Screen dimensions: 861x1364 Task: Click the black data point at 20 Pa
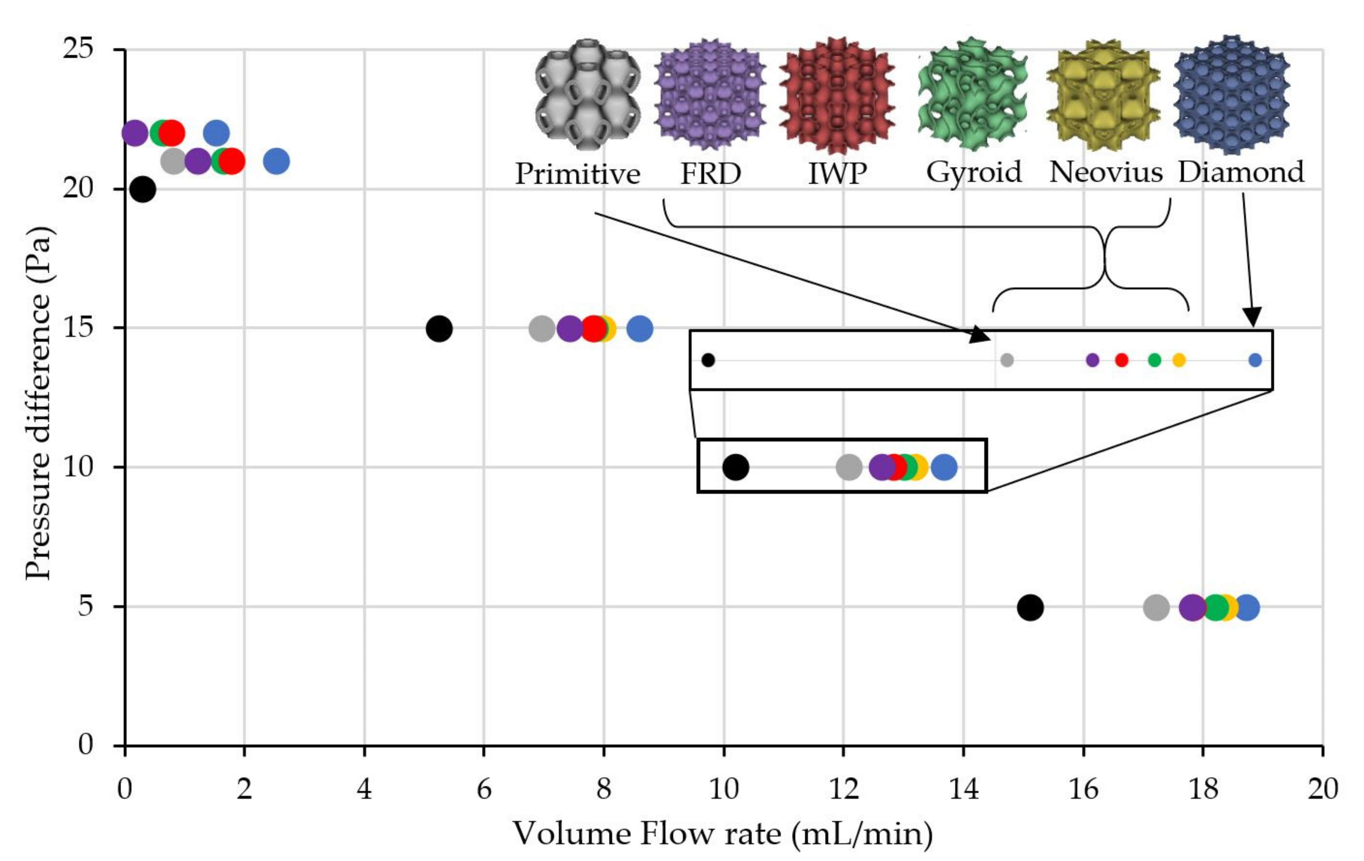tap(143, 189)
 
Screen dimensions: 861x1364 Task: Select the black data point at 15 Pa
tap(439, 328)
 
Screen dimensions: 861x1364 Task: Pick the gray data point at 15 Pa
tap(541, 328)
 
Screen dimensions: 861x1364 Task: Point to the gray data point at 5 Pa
tap(1156, 607)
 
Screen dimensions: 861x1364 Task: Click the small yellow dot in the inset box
tap(1179, 360)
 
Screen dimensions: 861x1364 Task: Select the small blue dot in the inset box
tap(1255, 360)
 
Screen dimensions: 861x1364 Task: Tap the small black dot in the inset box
tap(708, 360)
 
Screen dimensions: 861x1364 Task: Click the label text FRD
tap(710, 173)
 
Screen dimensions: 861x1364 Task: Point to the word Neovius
tap(1106, 172)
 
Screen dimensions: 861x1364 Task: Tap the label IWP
tap(837, 173)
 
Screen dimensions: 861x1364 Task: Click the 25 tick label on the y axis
tap(78, 49)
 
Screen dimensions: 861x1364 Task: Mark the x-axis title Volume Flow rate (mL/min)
tap(723, 834)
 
